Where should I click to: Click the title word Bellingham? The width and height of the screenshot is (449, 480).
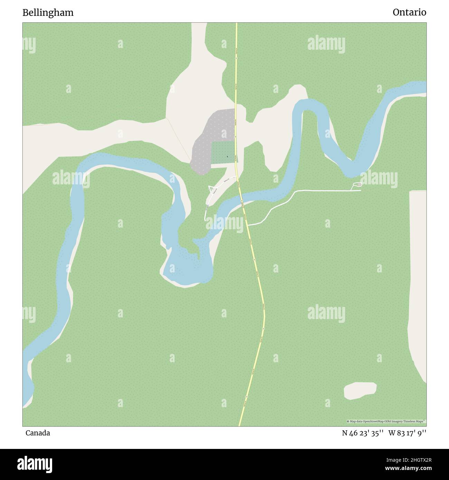click(48, 13)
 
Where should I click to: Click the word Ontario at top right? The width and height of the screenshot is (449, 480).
click(409, 12)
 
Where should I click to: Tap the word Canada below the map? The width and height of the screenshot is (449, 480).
click(38, 433)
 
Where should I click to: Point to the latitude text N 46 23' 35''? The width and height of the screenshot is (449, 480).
click(363, 433)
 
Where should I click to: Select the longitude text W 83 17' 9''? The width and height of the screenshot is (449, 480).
click(407, 433)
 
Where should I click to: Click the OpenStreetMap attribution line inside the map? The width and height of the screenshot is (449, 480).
click(386, 421)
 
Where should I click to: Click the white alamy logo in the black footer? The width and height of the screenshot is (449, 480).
click(35, 464)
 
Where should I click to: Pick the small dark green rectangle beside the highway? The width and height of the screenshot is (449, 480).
click(223, 152)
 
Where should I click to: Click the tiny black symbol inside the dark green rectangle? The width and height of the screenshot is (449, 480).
click(227, 157)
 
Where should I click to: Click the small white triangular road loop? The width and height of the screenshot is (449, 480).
click(211, 189)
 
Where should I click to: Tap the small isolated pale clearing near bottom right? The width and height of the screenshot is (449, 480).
click(360, 390)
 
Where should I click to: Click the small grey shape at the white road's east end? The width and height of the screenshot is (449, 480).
click(359, 185)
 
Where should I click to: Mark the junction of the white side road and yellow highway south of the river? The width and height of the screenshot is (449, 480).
click(248, 225)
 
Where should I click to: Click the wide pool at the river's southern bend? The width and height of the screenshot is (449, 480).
click(187, 268)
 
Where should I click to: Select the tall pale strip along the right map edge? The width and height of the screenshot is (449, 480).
click(417, 276)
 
